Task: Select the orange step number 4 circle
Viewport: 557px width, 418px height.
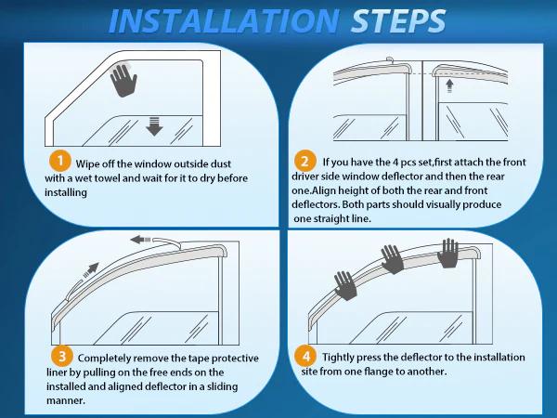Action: point(305,357)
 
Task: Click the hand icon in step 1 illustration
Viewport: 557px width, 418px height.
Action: point(123,81)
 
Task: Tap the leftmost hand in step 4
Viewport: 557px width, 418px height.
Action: point(345,285)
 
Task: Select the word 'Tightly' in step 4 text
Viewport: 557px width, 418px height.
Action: point(340,357)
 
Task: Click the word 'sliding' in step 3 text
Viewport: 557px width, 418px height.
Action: point(213,387)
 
